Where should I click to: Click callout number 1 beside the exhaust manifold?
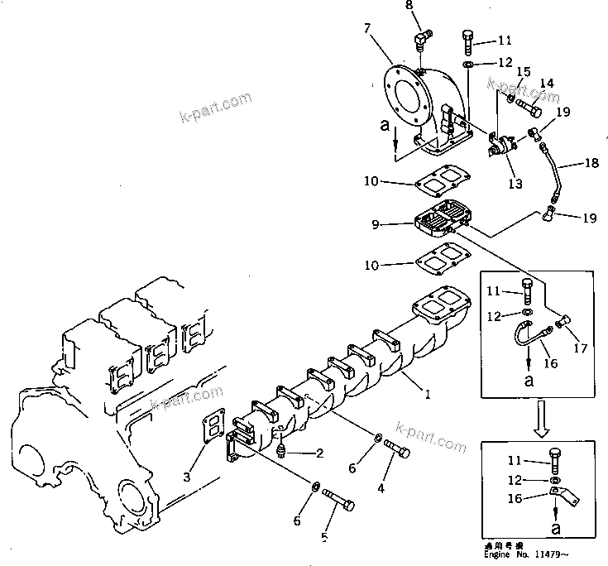click(x=427, y=395)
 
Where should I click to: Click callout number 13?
click(x=515, y=184)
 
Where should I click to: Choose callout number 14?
click(x=547, y=83)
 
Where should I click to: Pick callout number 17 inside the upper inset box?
click(x=580, y=349)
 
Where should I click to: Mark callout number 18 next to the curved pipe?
click(x=591, y=164)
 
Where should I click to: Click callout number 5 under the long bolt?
click(x=324, y=537)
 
